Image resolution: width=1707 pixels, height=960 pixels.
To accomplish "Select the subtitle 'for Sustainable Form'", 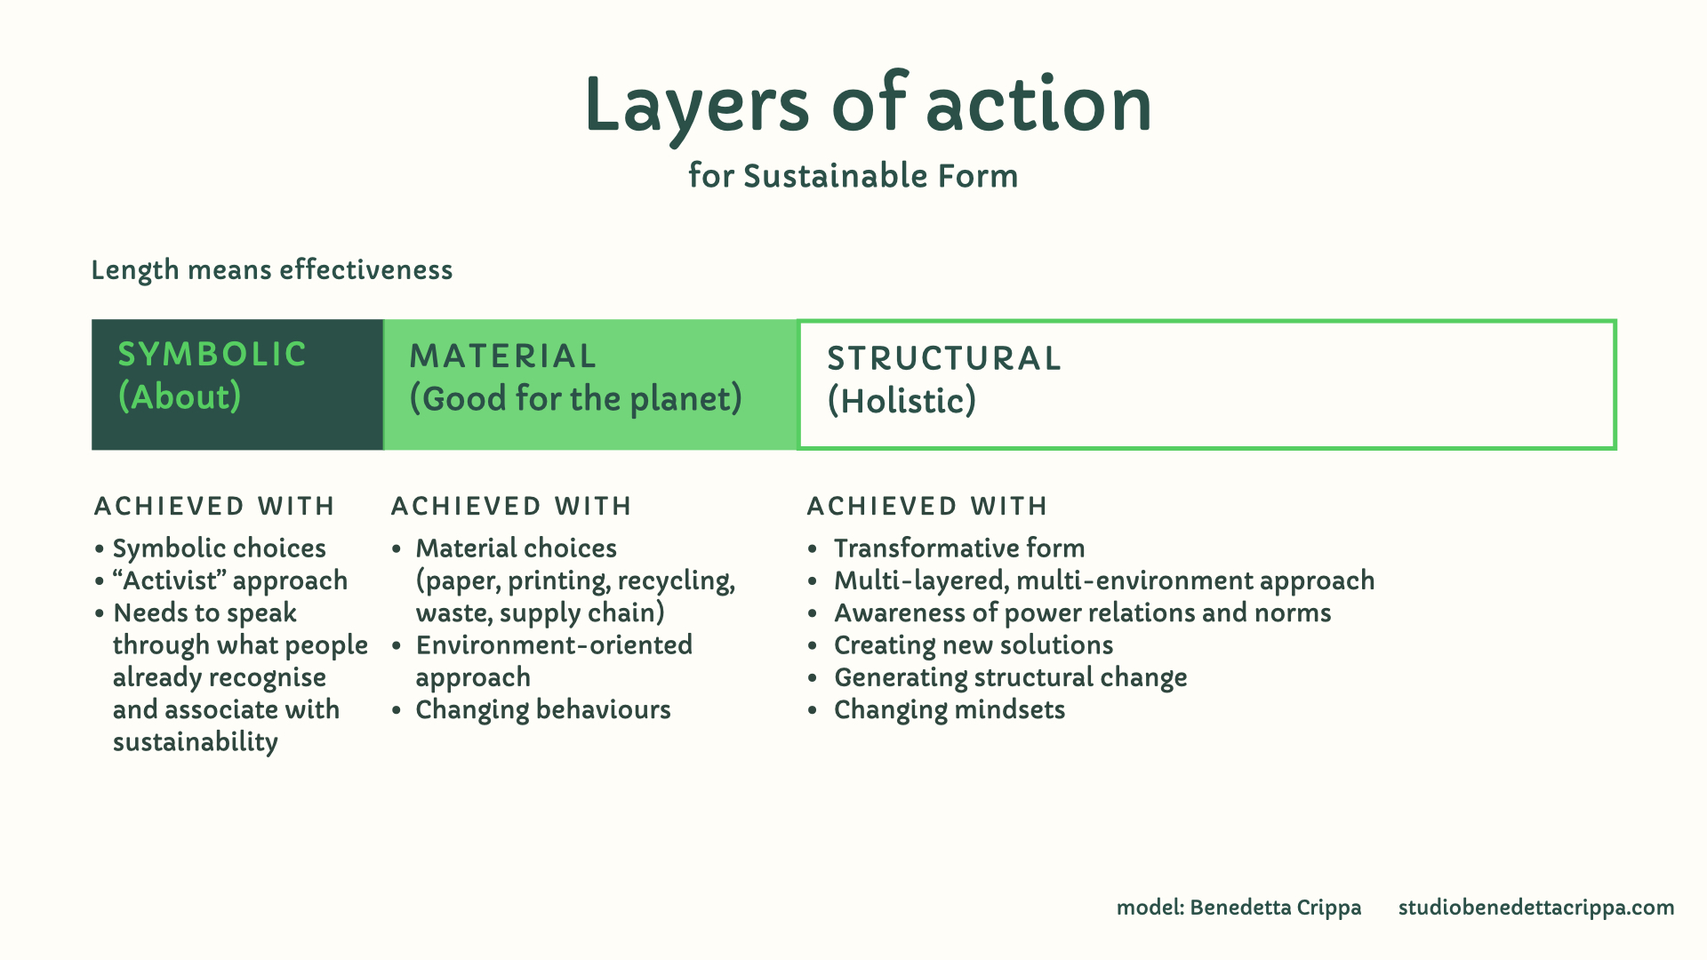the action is pyautogui.click(x=853, y=175).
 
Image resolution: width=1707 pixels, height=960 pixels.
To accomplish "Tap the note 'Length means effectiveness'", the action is pyautogui.click(x=272, y=270).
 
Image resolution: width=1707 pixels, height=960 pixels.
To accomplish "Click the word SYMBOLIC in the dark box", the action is pyautogui.click(x=212, y=354).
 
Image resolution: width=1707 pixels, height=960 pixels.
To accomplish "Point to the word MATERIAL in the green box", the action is pyautogui.click(x=503, y=356).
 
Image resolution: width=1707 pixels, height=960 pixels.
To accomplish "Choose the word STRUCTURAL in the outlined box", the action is pyautogui.click(x=944, y=358).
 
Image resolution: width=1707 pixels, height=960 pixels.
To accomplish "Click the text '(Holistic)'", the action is pyautogui.click(x=902, y=401).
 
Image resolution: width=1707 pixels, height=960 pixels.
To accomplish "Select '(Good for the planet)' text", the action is pyautogui.click(x=575, y=399).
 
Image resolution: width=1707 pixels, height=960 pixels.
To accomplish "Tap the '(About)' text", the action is pyautogui.click(x=180, y=396).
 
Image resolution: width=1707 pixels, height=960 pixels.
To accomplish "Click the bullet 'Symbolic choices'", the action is pyautogui.click(x=220, y=548).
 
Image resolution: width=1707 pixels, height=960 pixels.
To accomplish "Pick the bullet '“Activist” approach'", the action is pyautogui.click(x=230, y=580).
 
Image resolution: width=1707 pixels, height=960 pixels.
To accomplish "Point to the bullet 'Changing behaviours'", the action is pyautogui.click(x=543, y=709).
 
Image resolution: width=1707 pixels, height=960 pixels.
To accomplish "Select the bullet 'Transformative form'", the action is pyautogui.click(x=959, y=548).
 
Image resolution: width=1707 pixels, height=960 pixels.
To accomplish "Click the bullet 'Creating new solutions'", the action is pyautogui.click(x=974, y=644).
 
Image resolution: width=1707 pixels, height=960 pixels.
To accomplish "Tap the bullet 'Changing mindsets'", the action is pyautogui.click(x=950, y=709).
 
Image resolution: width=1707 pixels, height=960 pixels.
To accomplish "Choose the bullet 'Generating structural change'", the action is pyautogui.click(x=1011, y=677).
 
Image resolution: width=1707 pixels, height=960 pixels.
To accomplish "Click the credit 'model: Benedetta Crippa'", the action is pyautogui.click(x=1238, y=908).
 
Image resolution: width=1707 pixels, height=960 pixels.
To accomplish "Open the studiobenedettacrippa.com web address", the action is pyautogui.click(x=1536, y=908).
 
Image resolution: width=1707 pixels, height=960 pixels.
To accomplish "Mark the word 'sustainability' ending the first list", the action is pyautogui.click(x=196, y=742).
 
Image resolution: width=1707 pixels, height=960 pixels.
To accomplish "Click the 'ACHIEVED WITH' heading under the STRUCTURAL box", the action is pyautogui.click(x=927, y=506).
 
